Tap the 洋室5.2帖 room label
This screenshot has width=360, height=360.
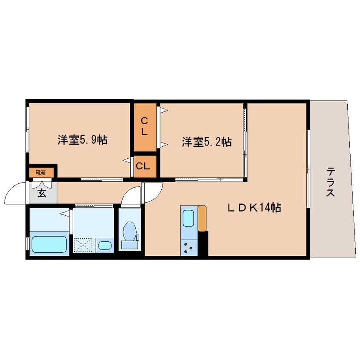(x=206, y=142)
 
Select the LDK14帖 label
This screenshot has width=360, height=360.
(x=254, y=208)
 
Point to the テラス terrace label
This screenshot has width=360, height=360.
(x=331, y=182)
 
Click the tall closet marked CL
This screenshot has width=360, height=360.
(x=144, y=126)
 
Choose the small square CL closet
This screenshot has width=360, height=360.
(x=144, y=166)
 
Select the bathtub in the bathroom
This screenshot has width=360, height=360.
(x=49, y=243)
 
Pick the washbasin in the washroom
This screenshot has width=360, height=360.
(x=105, y=245)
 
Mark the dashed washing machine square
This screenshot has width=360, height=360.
(x=83, y=245)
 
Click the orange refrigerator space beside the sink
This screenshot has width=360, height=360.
(x=202, y=218)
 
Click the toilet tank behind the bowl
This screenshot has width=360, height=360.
(x=129, y=244)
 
